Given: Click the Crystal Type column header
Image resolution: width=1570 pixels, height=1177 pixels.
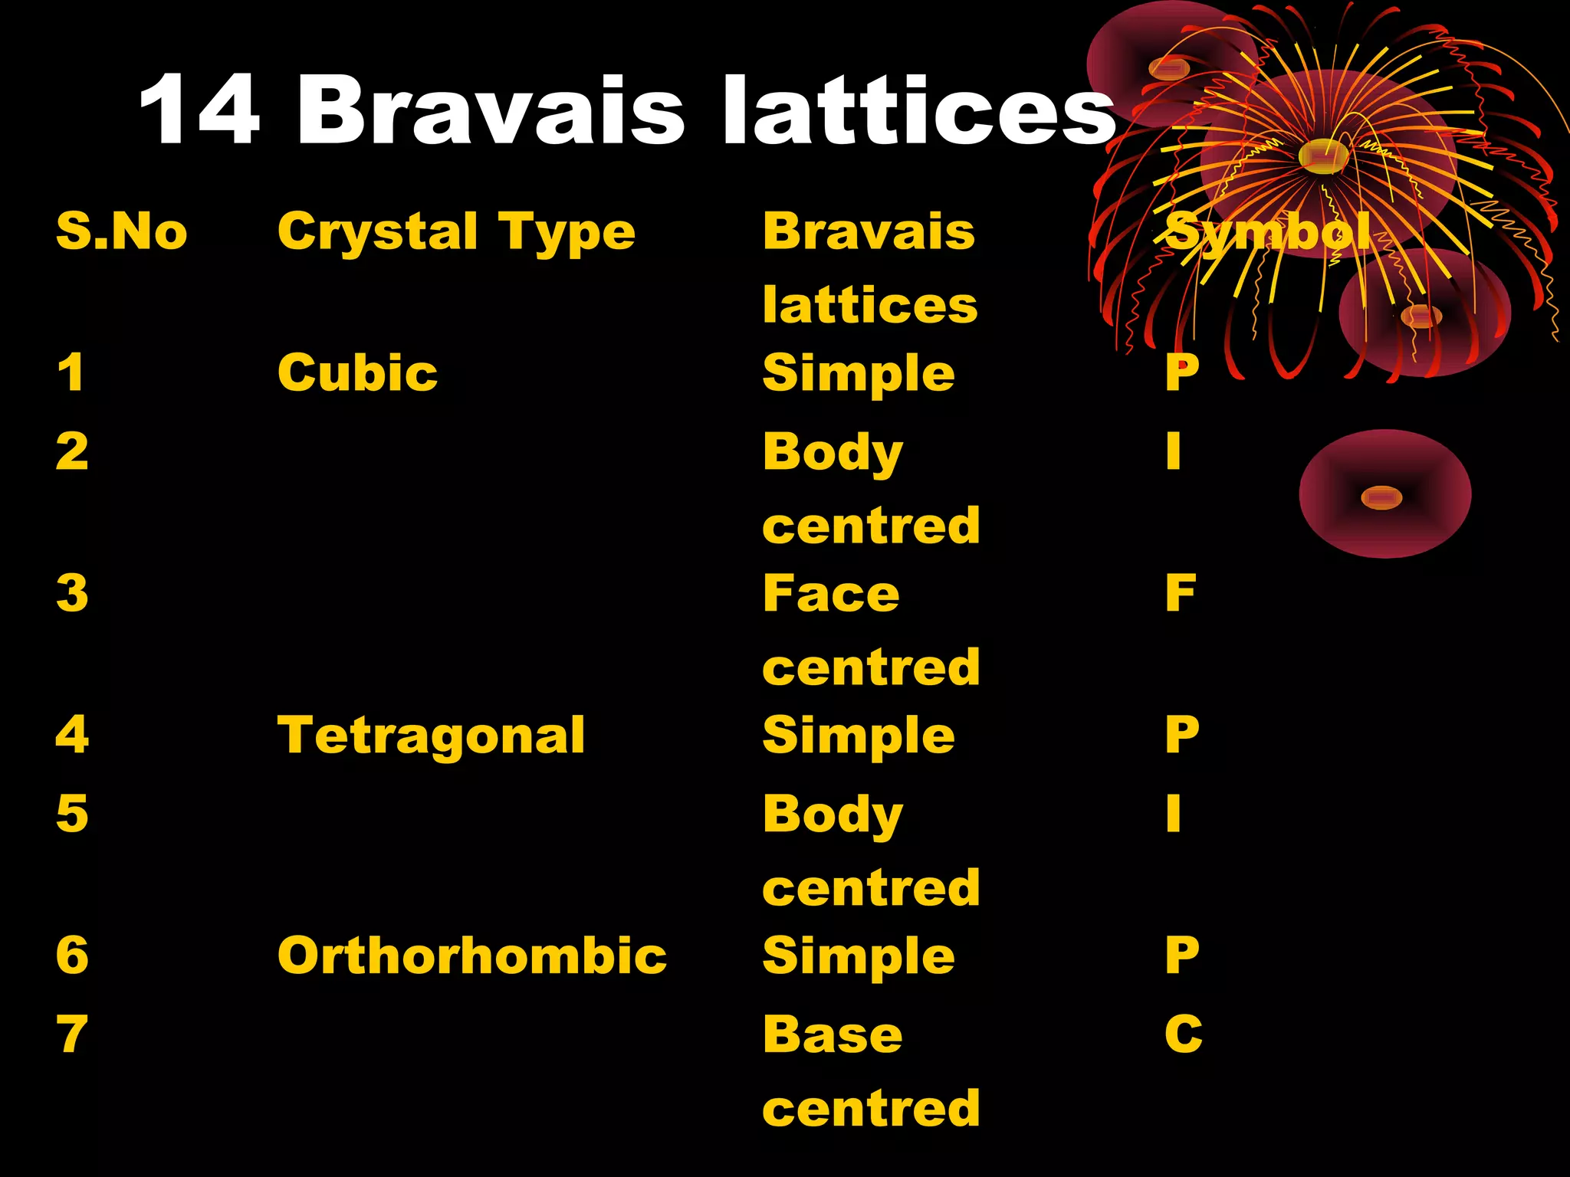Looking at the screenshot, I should (456, 232).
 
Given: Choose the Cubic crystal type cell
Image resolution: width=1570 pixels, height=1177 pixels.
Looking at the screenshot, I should (357, 373).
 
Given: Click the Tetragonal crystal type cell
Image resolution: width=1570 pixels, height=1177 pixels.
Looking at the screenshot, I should (431, 736).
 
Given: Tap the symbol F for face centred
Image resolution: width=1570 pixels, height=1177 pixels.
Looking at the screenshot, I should (1180, 593).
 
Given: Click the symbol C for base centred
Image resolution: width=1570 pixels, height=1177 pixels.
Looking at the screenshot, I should (1183, 1034).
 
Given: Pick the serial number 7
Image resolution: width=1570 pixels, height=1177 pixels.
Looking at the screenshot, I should (72, 1034).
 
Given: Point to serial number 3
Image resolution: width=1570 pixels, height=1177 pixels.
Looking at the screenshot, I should (72, 593).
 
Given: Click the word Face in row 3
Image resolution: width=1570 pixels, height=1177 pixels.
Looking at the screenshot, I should (831, 593).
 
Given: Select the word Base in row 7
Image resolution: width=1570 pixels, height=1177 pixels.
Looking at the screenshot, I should (833, 1034).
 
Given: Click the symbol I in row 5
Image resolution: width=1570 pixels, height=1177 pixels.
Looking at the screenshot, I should (1173, 813).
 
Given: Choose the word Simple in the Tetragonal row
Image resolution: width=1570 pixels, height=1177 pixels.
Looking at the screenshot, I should (859, 736).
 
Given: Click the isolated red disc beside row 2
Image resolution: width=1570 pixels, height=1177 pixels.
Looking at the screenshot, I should (1384, 494).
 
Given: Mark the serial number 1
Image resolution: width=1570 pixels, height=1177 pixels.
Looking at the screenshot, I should (71, 373).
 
